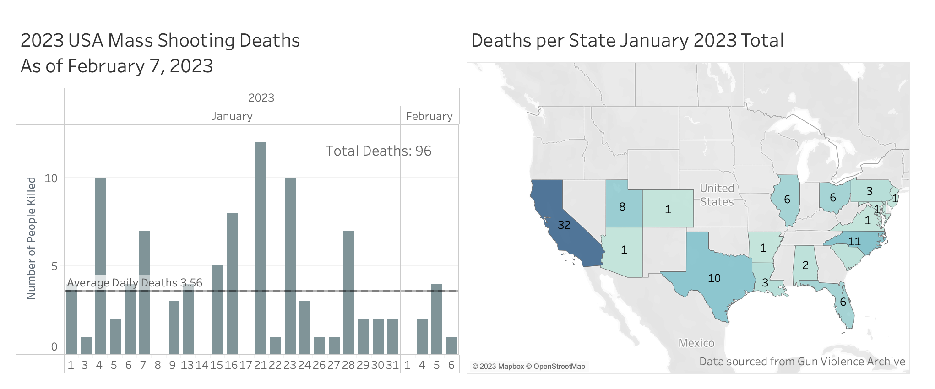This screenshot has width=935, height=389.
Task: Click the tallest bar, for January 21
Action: (x=261, y=247)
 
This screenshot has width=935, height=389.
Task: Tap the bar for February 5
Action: (x=437, y=319)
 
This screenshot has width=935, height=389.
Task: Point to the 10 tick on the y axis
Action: (x=51, y=178)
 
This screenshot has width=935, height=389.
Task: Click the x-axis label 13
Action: (x=187, y=365)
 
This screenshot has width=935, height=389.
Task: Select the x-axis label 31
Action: (x=392, y=365)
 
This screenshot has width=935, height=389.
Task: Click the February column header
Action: (x=429, y=116)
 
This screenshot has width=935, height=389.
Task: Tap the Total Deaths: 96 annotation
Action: (x=378, y=151)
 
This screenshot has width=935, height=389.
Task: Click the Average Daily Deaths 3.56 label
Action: (x=135, y=283)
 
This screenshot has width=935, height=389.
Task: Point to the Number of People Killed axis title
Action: (x=31, y=238)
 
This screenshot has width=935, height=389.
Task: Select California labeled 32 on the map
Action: (x=564, y=225)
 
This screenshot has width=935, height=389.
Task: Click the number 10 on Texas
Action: (x=714, y=278)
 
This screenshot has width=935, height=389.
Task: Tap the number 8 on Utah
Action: (x=622, y=207)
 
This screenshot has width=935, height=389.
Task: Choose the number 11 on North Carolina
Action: (x=854, y=241)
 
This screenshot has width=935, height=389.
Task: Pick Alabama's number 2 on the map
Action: (x=805, y=265)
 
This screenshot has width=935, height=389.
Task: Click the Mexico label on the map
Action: (x=696, y=343)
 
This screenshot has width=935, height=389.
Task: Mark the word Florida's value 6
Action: (x=843, y=302)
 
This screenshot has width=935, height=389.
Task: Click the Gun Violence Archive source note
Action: (x=802, y=362)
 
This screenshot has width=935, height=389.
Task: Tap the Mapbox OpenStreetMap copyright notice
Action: (x=529, y=366)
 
